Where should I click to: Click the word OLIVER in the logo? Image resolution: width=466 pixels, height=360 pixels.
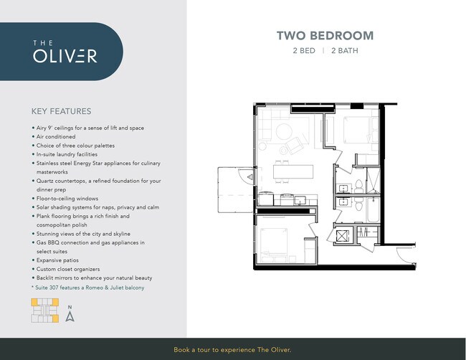click(65, 56)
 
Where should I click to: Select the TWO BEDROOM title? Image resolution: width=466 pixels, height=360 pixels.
click(325, 36)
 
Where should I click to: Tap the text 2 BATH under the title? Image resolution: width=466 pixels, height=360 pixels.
click(345, 50)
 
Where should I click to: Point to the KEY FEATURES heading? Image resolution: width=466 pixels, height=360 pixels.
click(61, 111)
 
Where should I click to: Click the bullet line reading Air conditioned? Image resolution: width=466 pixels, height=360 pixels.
click(54, 137)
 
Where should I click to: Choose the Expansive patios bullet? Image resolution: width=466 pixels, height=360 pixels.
click(55, 260)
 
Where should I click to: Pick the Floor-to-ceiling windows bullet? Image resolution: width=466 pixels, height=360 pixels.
click(65, 198)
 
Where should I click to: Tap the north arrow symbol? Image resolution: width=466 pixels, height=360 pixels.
click(70, 316)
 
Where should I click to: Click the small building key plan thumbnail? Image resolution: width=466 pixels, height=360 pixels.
click(45, 311)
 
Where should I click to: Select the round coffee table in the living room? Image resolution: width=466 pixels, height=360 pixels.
click(284, 131)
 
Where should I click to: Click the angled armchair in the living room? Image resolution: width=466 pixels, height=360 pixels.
click(295, 146)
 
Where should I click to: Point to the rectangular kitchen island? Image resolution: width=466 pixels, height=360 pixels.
click(293, 172)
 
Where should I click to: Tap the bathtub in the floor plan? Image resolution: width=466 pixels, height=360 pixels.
click(374, 209)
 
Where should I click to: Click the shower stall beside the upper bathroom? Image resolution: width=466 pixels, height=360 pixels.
click(374, 181)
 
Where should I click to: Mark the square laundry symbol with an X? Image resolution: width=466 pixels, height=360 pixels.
click(343, 237)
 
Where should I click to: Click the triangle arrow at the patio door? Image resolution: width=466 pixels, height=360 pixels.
click(250, 177)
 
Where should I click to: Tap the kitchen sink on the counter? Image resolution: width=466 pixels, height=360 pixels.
click(300, 200)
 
